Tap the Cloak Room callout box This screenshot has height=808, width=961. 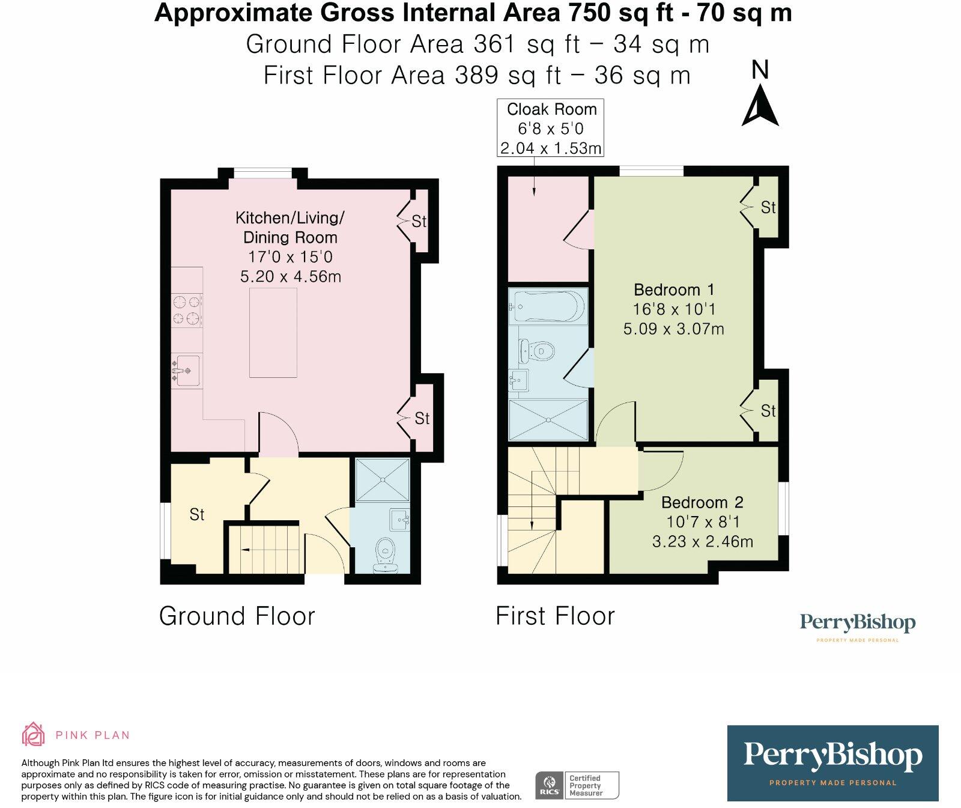point(550,129)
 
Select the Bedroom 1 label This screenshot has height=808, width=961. point(674,290)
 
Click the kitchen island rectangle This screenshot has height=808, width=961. point(273,332)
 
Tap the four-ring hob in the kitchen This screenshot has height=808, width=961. point(186,310)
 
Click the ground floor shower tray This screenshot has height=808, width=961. point(382,479)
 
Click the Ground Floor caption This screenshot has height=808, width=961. point(237,616)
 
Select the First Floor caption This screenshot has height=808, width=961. point(555,616)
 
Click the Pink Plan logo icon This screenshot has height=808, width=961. point(33,734)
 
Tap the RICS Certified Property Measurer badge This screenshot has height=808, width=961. point(577,785)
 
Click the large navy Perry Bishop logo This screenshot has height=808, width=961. point(832,763)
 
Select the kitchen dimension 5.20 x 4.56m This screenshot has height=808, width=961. point(290,277)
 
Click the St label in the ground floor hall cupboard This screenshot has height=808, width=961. point(197,514)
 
